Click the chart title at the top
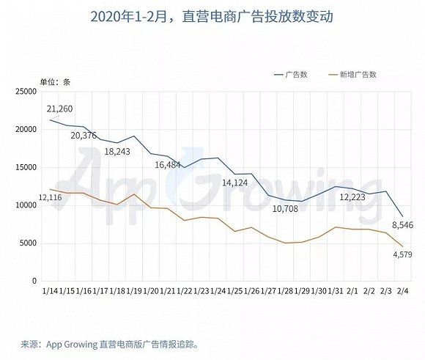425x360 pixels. coord(212,15)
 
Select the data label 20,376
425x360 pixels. coord(84,135)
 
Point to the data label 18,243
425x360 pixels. coord(118,151)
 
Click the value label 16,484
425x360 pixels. coord(169,165)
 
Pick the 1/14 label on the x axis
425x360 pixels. coord(51,292)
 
